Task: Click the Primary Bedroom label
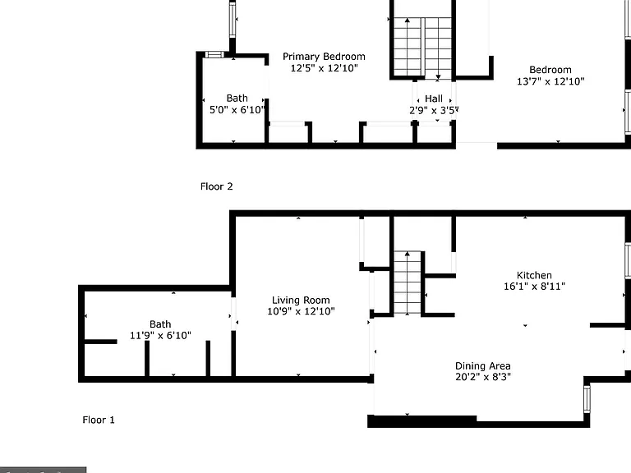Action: (x=324, y=57)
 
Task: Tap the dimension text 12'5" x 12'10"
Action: (x=324, y=68)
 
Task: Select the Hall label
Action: (x=434, y=99)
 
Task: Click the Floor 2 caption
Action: (x=217, y=186)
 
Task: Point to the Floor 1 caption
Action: (x=99, y=420)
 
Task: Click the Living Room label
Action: (x=301, y=300)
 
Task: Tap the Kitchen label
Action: (x=534, y=276)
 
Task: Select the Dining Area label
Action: (x=483, y=366)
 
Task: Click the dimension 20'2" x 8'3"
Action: (x=483, y=377)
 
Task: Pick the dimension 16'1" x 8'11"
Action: (x=534, y=287)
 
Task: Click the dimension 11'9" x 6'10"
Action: (x=160, y=335)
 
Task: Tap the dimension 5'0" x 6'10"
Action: (x=237, y=110)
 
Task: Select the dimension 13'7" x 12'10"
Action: (x=550, y=81)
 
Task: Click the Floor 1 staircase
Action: (x=408, y=282)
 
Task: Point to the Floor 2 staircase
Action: (x=422, y=47)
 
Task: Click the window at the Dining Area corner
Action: (x=587, y=399)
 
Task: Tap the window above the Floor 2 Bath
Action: (x=214, y=55)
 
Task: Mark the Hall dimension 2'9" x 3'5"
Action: (x=434, y=110)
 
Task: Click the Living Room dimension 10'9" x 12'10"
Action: (x=301, y=311)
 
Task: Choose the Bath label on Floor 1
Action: (x=160, y=324)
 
